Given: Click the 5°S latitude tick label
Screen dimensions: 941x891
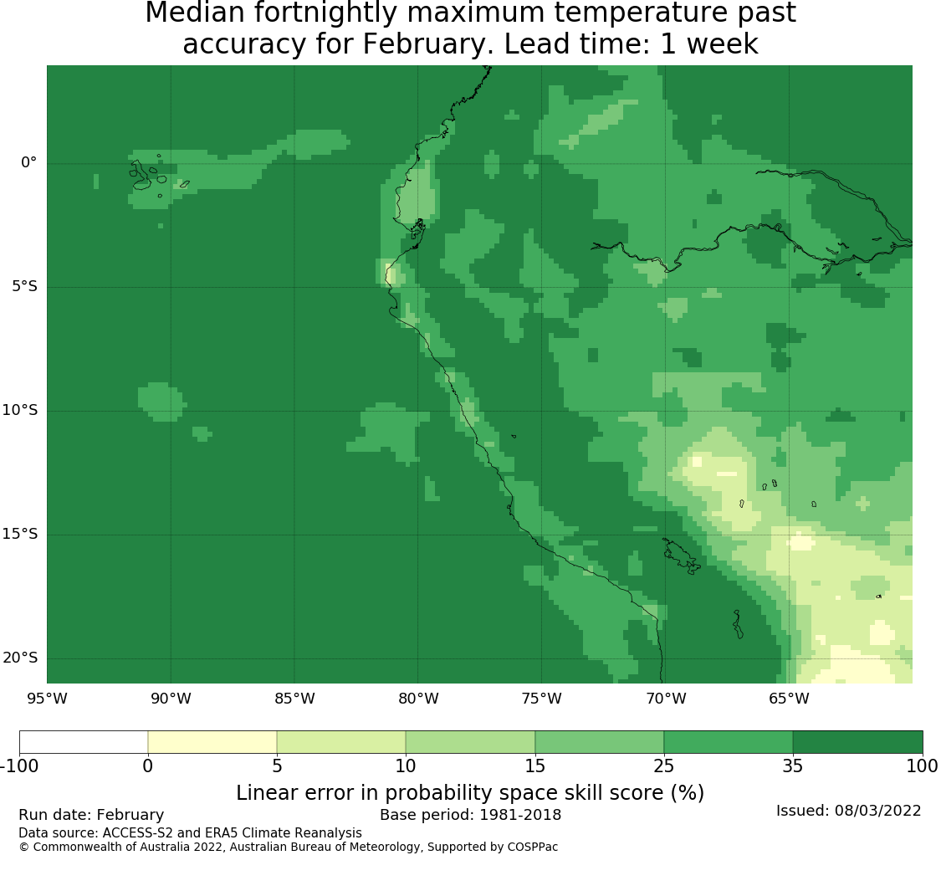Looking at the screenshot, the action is click(24, 286).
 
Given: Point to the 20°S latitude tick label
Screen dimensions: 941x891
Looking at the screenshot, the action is click(20, 658).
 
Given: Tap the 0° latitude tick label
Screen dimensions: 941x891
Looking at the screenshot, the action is click(28, 162).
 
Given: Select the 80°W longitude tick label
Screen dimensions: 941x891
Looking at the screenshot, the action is click(418, 699).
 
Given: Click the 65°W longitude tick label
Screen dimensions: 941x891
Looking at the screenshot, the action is click(789, 699).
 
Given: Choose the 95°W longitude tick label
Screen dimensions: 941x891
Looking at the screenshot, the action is click(47, 699).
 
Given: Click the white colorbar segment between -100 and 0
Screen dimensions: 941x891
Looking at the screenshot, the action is click(84, 742).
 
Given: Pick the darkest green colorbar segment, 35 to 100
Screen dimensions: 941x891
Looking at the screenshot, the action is click(857, 742).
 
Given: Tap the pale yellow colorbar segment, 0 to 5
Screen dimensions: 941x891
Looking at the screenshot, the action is click(212, 742).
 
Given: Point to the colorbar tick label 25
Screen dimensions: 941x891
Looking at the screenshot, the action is click(664, 766).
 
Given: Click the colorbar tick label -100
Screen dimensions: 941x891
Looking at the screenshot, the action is click(19, 766).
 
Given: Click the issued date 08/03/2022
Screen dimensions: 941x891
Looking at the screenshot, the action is click(878, 811).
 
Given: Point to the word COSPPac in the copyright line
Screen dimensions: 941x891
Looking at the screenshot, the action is click(532, 847).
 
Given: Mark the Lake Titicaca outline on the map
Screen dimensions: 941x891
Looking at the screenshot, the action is click(681, 556).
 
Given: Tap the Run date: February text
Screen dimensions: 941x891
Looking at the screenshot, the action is click(91, 815).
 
